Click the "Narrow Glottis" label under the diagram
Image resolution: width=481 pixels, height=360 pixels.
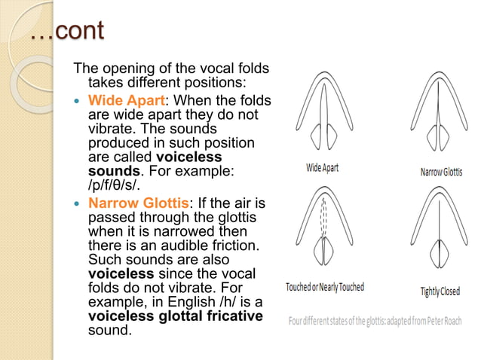click(441, 172)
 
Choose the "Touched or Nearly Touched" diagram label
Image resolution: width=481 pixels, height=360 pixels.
click(325, 287)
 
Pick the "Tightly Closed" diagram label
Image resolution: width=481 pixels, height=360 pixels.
click(441, 291)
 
